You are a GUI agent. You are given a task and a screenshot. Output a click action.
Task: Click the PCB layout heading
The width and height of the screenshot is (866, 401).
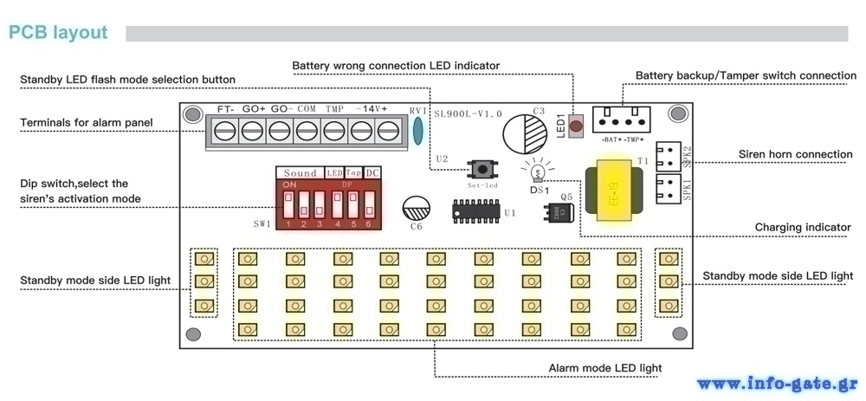pos(58,33)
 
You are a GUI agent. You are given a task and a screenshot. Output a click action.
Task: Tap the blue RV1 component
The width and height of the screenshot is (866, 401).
pos(418,130)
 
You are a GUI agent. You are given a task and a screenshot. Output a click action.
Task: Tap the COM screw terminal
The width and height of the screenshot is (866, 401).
pos(306,132)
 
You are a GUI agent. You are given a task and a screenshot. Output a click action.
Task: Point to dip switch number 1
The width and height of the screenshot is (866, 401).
pos(289,204)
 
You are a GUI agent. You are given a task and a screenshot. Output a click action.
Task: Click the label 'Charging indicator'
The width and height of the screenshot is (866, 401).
pos(803,228)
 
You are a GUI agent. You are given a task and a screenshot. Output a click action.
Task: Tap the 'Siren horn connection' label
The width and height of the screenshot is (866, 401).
pos(795,155)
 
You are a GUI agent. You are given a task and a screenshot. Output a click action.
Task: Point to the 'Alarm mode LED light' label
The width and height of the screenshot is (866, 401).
pos(605,368)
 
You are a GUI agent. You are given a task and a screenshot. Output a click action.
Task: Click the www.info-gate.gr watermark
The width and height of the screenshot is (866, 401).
pos(777,384)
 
